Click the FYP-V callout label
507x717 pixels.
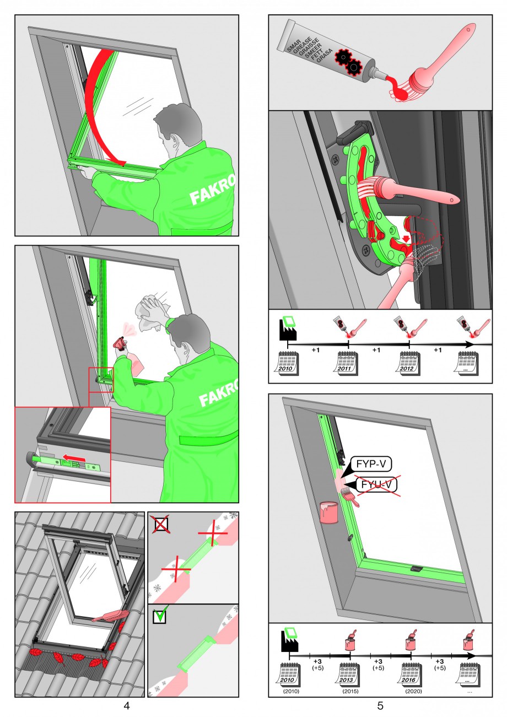click(x=371, y=464)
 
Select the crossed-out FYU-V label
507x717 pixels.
click(x=377, y=484)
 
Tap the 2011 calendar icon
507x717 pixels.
click(x=348, y=364)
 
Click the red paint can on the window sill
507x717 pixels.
click(x=328, y=512)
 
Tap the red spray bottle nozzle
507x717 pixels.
click(x=121, y=343)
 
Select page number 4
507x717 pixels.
click(x=126, y=705)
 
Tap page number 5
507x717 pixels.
click(x=380, y=705)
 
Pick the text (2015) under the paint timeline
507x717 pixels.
click(x=350, y=692)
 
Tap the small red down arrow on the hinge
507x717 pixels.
click(x=406, y=239)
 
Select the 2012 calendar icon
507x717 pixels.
click(x=409, y=364)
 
